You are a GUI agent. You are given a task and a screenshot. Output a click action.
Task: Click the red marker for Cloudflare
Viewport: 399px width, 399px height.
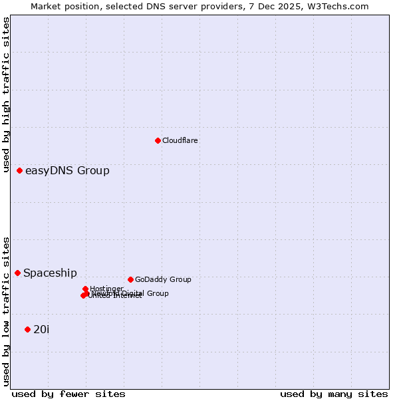coord(158,140)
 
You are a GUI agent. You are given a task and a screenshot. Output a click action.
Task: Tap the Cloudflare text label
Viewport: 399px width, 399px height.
coord(180,140)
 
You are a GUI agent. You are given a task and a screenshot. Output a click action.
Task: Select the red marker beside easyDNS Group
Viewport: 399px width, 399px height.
coord(20,171)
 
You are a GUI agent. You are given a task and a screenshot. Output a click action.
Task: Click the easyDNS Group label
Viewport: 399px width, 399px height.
coord(67,171)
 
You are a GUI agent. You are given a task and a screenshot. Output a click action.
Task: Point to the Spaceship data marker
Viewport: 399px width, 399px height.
coord(18,273)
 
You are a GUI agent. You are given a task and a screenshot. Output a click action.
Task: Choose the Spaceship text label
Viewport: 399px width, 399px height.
coord(50,273)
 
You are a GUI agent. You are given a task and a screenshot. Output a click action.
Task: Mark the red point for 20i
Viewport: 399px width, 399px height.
coord(27,329)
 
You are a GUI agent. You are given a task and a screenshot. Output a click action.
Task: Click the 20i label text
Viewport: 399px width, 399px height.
coord(41,330)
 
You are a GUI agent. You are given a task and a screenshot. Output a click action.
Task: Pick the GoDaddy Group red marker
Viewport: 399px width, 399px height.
coord(130,279)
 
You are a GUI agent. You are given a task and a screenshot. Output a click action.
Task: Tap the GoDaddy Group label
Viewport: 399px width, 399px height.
coord(163,280)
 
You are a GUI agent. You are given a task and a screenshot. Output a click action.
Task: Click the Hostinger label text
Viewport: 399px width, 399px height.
coord(107,289)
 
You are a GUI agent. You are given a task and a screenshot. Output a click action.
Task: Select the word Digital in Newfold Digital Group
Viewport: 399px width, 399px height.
coord(131,293)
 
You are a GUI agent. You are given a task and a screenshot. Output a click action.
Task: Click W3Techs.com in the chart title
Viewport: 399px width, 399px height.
coord(337,6)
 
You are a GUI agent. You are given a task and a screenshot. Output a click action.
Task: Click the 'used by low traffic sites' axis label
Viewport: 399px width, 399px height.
coord(6,311)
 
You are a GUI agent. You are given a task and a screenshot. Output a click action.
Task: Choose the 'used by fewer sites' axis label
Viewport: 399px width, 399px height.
coord(68,394)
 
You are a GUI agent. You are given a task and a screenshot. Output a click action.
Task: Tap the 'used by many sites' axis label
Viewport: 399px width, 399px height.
coord(334,394)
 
